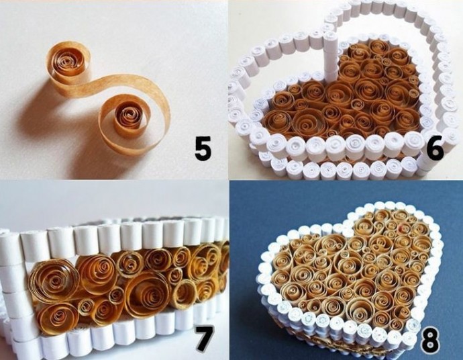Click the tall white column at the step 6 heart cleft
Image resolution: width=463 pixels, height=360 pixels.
[329, 54]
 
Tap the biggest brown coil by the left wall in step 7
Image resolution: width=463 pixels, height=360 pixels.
[54, 280]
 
